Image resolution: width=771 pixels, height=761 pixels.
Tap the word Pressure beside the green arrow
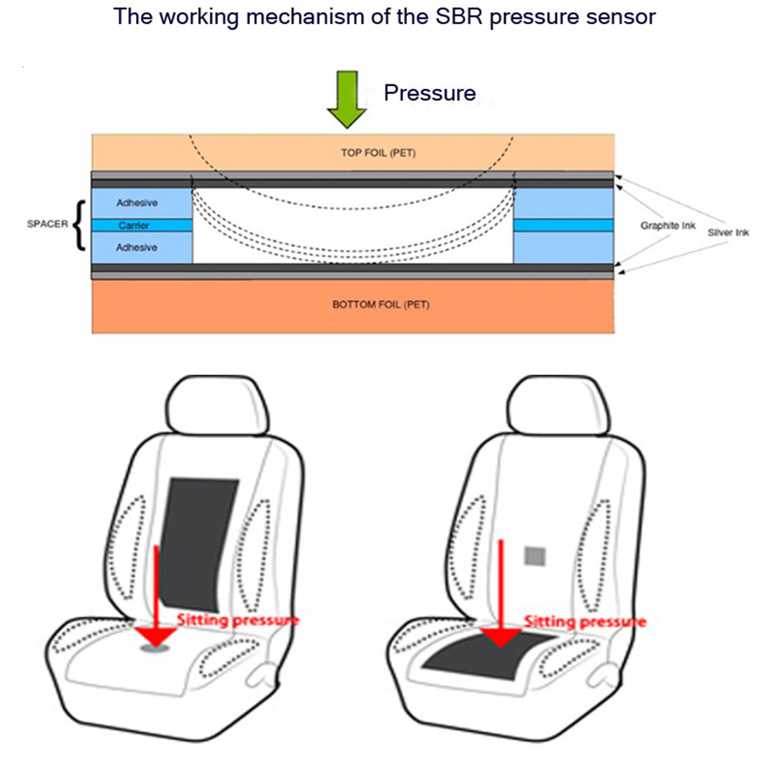430,93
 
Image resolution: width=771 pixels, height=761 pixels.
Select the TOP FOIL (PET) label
378,153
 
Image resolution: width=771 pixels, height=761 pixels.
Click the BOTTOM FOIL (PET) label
371,305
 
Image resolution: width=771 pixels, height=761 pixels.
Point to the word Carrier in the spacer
134,225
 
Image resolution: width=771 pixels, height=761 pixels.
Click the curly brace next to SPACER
78,224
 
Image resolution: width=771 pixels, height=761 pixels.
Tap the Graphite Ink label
668,225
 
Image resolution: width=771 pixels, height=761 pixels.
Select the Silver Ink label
728,233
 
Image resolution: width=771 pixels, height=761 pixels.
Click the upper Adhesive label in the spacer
136,203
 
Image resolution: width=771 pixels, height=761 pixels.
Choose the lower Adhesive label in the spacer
136,248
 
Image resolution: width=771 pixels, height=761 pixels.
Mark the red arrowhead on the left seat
157,635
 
